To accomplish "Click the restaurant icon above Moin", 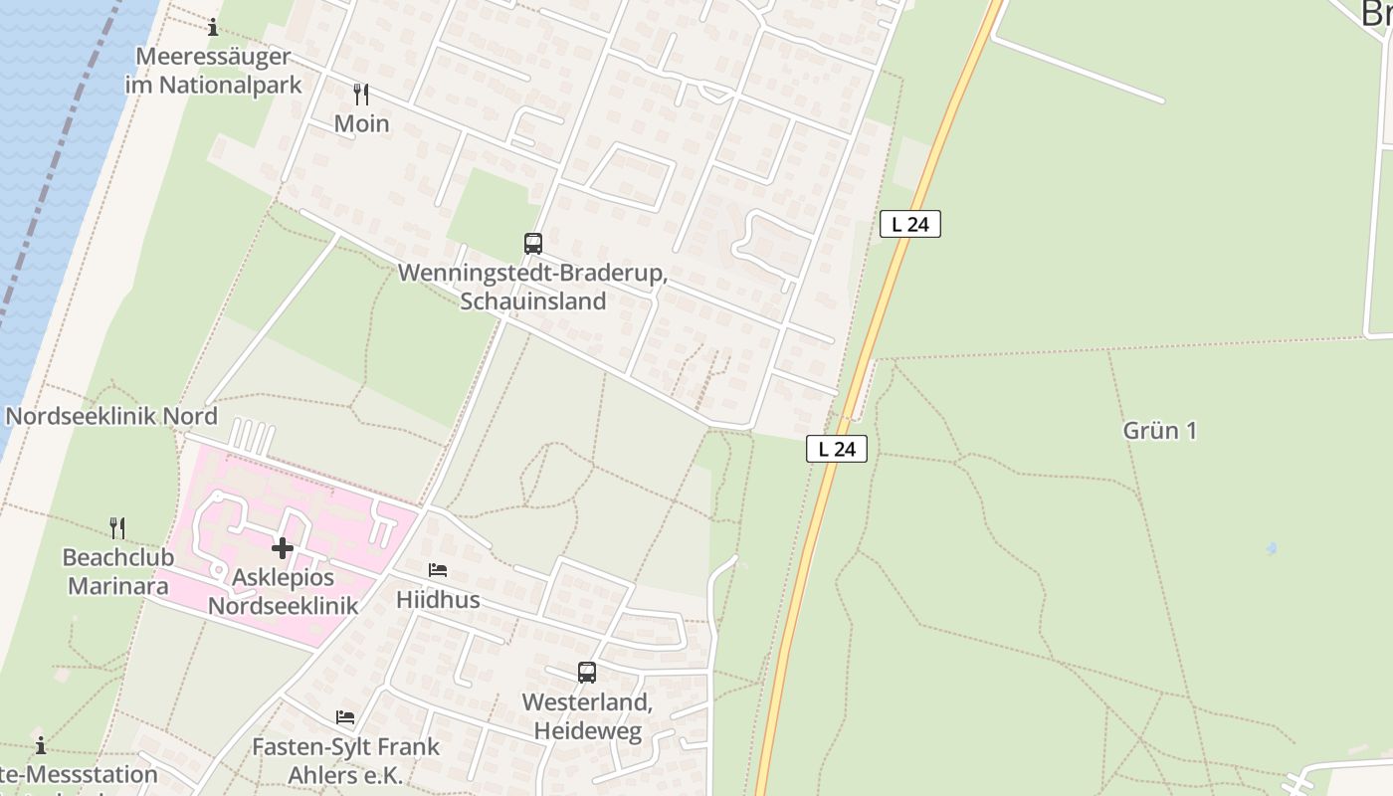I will coord(361,95).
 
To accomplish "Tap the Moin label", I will coord(362,124).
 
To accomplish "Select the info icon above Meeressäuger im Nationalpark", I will coord(212,27).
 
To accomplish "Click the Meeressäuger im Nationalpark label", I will coord(213,71).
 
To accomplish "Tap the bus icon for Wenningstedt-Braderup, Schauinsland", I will coord(533,243).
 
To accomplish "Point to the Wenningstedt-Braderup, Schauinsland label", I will coord(532,287).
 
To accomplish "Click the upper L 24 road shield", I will coord(910,224).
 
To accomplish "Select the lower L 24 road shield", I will coord(837,449).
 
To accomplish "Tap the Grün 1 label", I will coord(1159,431).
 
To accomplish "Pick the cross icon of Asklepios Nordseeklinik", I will coord(283,548).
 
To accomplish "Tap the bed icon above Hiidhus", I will coord(437,570).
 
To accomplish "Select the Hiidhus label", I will coord(438,600).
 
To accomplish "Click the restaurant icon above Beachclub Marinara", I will coord(117,527).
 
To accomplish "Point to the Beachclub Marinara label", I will coord(117,571).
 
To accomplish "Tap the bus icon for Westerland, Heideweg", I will coord(587,673).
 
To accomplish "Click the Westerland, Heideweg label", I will coord(587,716).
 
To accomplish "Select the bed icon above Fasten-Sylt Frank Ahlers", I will coord(345,716).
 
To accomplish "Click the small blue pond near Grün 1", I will coord(1271,548).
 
